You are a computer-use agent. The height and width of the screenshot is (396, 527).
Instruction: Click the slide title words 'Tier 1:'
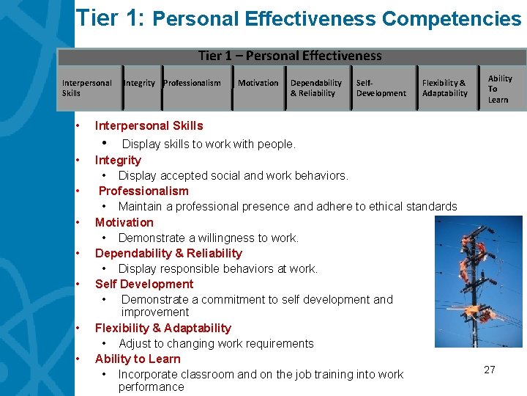tap(110, 18)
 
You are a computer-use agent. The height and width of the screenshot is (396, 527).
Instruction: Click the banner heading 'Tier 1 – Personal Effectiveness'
tap(290, 56)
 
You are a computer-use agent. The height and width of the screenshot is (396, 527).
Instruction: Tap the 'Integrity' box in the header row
tap(139, 84)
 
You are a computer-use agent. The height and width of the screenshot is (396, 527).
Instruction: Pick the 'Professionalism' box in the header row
tap(193, 84)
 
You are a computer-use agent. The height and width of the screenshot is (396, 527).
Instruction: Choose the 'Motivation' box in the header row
tap(258, 84)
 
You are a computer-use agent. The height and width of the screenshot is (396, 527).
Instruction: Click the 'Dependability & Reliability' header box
tap(316, 88)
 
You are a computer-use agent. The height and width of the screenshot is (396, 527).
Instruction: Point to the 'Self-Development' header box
tap(381, 88)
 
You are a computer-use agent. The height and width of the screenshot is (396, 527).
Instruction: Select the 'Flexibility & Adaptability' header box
tap(445, 88)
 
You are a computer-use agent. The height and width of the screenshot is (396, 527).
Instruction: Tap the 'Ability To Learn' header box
tap(501, 89)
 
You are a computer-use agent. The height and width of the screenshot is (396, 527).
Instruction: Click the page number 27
tap(490, 370)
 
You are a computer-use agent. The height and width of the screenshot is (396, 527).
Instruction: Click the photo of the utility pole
tap(479, 282)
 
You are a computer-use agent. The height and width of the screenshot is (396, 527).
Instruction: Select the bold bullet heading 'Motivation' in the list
tap(124, 222)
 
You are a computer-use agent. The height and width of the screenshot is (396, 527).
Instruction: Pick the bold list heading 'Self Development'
tap(144, 284)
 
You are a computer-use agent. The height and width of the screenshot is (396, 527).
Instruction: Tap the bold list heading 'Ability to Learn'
tap(138, 359)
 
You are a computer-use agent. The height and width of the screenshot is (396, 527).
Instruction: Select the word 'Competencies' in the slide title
tap(452, 19)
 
